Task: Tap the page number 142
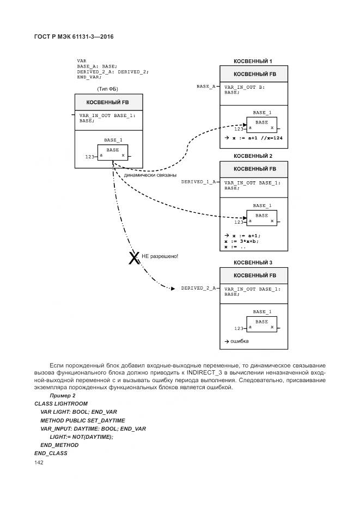(39, 462)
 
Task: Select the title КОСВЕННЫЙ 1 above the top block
(253, 62)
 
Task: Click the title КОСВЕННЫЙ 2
(253, 156)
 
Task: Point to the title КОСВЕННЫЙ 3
(253, 263)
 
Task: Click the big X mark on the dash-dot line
(133, 259)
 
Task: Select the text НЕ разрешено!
(160, 256)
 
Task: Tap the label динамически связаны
(150, 175)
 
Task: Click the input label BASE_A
(206, 87)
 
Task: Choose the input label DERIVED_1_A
(198, 182)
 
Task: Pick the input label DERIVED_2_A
(198, 288)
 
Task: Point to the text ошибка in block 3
(239, 341)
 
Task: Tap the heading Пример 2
(63, 395)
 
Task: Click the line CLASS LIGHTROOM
(61, 403)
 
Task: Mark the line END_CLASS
(50, 453)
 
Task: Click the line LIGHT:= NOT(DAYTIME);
(81, 437)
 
